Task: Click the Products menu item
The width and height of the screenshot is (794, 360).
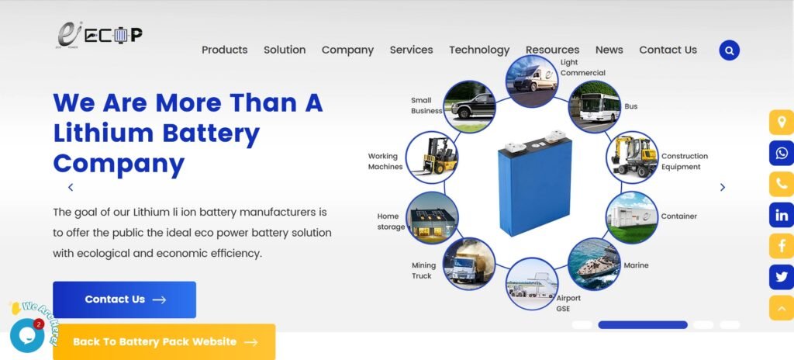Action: click(x=224, y=50)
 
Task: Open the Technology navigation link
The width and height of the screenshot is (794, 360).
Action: click(x=479, y=50)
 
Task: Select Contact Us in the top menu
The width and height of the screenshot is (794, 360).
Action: click(x=668, y=50)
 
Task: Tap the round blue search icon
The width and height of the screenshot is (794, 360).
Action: click(x=729, y=50)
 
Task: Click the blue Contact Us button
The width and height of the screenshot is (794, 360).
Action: click(x=124, y=299)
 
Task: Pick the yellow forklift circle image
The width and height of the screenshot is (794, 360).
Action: click(x=432, y=157)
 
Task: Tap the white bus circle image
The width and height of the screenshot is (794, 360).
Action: click(x=595, y=106)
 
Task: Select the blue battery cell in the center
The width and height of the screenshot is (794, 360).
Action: click(x=535, y=183)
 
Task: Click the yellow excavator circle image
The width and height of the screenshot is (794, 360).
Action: click(x=632, y=157)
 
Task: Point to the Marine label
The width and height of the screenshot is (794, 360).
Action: click(x=636, y=265)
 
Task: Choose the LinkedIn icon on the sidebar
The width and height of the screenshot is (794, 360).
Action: click(x=782, y=215)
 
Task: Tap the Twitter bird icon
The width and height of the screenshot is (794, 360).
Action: click(x=782, y=277)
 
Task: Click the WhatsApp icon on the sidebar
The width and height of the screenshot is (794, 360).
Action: click(x=782, y=153)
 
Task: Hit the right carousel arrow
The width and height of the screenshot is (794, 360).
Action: click(x=723, y=187)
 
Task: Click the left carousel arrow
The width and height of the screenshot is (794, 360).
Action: click(x=71, y=187)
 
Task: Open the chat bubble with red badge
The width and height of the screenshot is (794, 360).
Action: click(x=27, y=335)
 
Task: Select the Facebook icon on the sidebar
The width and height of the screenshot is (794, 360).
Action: click(x=782, y=246)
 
